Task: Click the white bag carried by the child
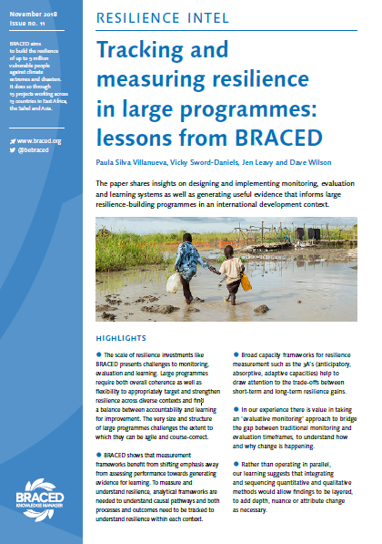175,282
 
